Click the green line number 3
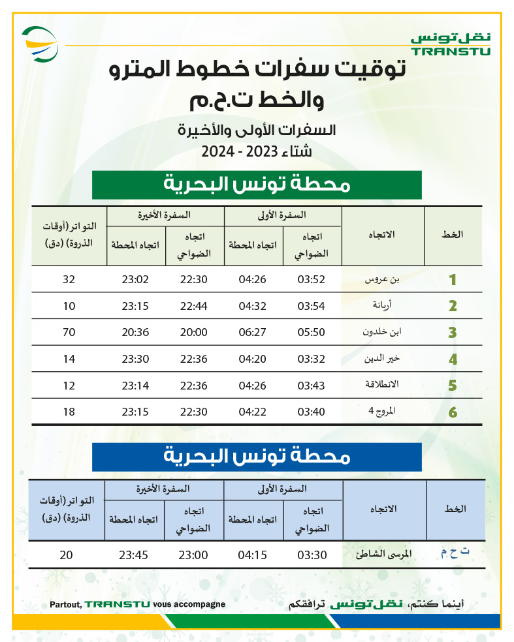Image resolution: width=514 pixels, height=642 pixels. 452,333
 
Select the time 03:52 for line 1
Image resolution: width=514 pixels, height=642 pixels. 311,280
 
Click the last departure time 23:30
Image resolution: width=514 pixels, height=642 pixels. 135,359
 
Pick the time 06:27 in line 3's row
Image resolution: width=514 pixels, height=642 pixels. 251,333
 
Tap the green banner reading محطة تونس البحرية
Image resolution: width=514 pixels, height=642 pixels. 257,185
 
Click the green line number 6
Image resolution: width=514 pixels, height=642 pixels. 452,412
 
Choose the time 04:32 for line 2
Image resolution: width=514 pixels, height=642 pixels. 251,306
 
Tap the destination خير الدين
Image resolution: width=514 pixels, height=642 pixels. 381,359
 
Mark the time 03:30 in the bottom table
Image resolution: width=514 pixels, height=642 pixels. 311,556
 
